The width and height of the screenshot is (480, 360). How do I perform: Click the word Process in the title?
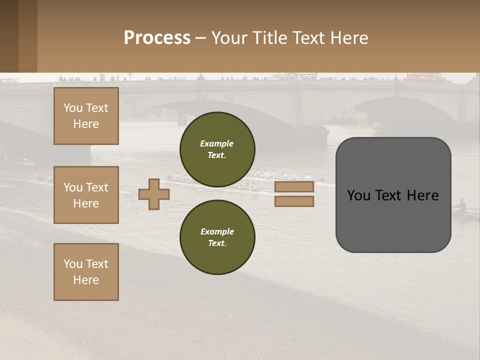(x=157, y=38)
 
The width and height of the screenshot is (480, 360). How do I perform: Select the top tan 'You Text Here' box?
(x=86, y=116)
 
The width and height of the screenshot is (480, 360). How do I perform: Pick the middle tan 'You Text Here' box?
(x=86, y=195)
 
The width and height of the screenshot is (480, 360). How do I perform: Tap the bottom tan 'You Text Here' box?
(x=86, y=271)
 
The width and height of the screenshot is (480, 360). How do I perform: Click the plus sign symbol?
(x=153, y=193)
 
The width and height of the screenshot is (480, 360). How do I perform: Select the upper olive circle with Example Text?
(x=217, y=149)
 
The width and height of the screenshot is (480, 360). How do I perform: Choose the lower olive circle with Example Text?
(x=217, y=237)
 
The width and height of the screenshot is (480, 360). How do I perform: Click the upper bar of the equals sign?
(x=294, y=187)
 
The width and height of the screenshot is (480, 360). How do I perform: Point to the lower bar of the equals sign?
(x=294, y=201)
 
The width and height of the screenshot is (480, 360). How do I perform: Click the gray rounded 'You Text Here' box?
(x=393, y=195)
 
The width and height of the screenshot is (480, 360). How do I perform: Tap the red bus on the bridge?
(x=423, y=77)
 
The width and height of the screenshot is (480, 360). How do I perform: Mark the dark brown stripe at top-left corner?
(x=9, y=36)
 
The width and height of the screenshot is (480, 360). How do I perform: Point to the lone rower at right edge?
(x=461, y=205)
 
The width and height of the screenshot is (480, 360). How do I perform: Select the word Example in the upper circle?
(x=216, y=143)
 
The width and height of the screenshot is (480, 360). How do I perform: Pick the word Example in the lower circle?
(x=217, y=231)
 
